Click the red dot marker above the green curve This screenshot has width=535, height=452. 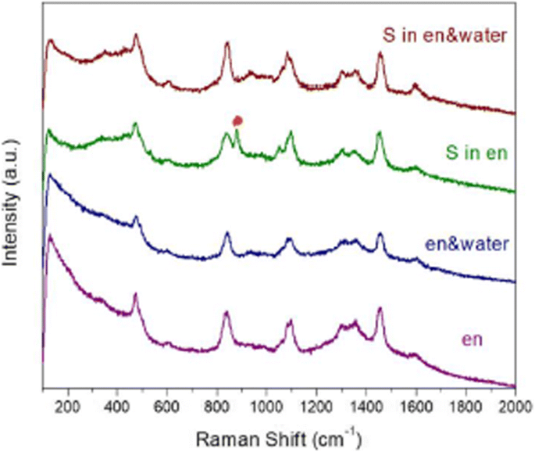[238, 120]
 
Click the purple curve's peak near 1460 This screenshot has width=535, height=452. [380, 309]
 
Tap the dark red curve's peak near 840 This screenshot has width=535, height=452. [227, 44]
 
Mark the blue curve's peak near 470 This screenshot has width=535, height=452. [136, 217]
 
